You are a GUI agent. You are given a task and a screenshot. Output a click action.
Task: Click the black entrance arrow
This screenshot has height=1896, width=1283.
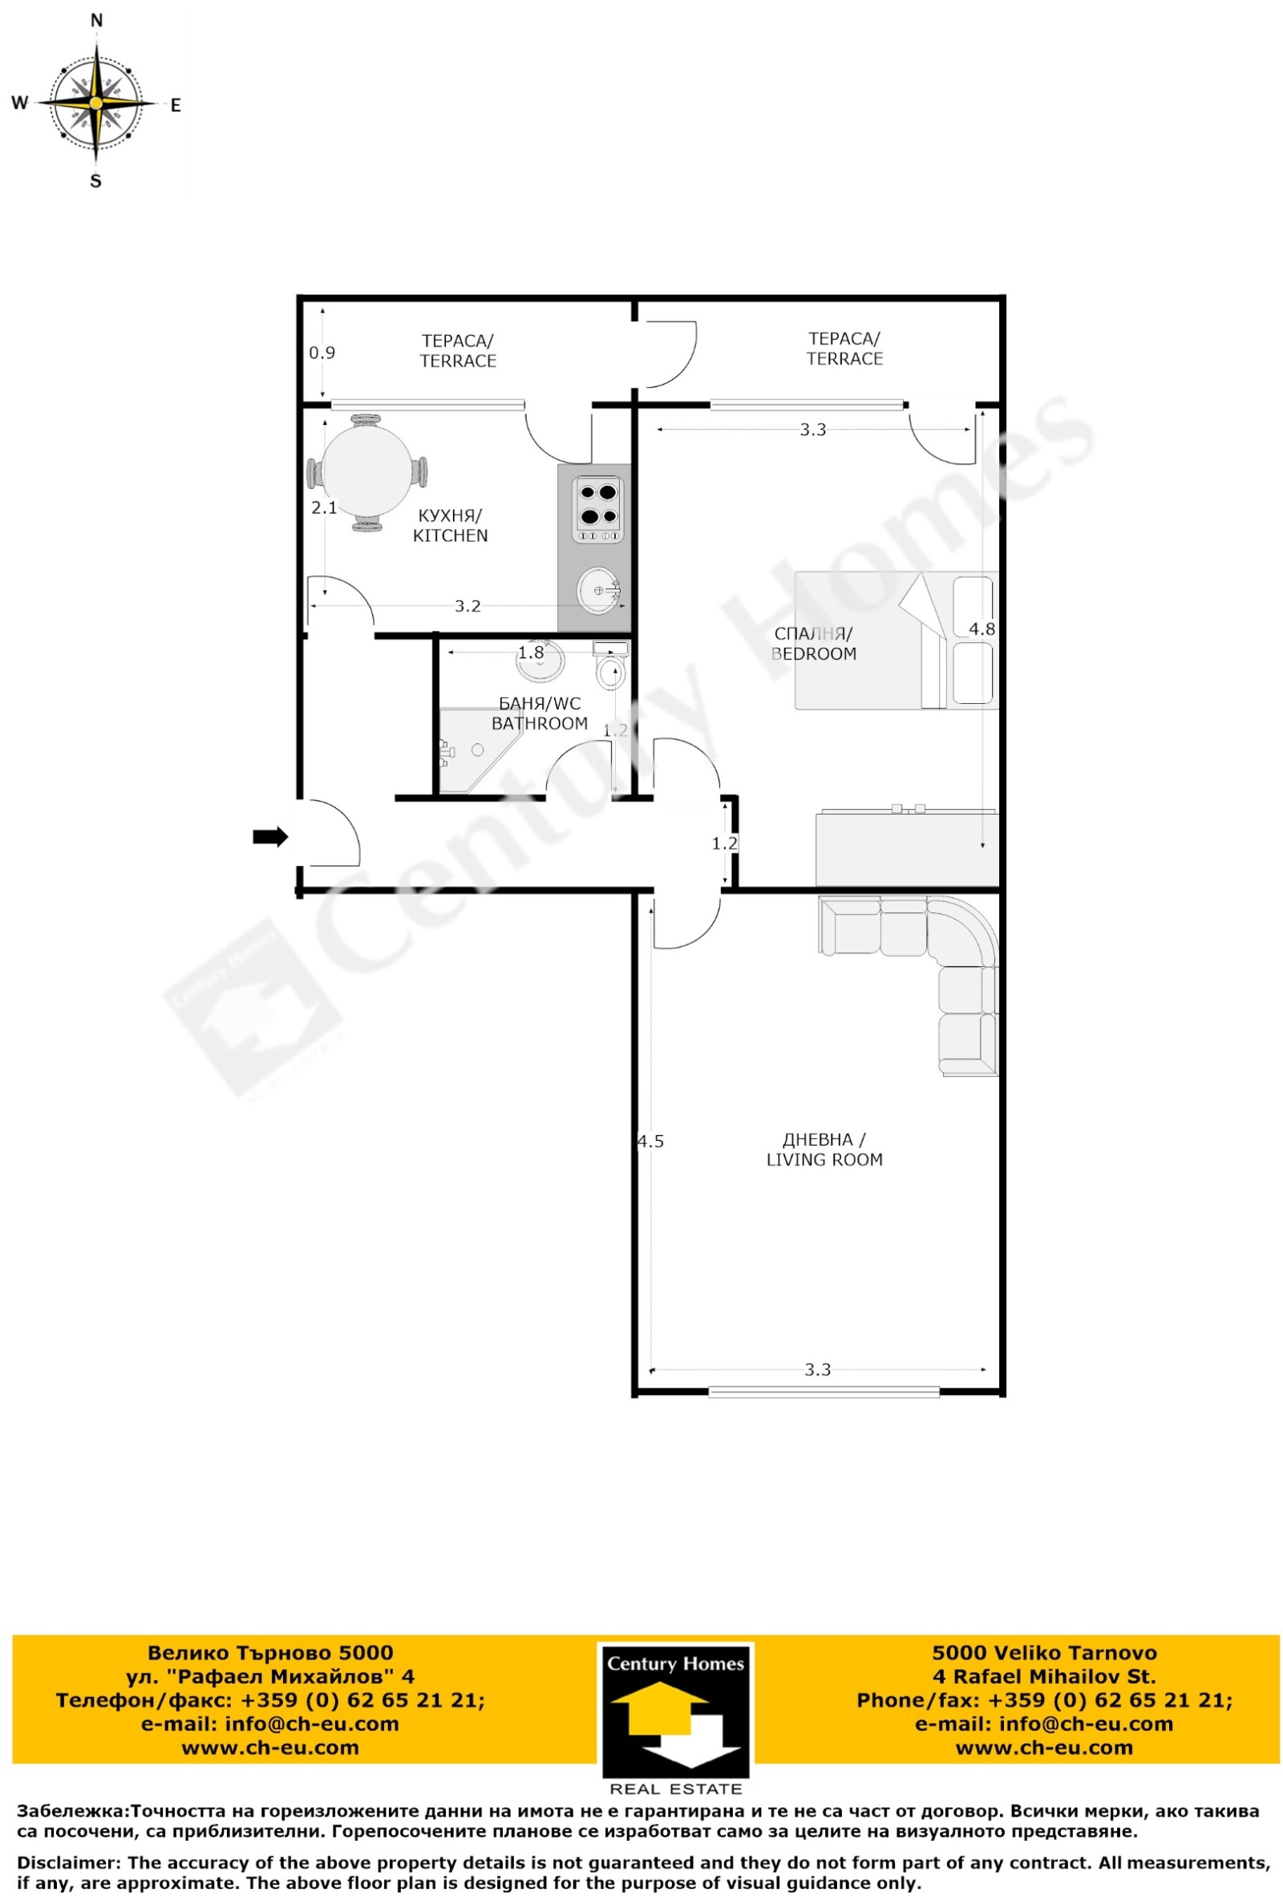[270, 836]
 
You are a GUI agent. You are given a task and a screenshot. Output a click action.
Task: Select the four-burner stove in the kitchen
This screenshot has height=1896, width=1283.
[598, 508]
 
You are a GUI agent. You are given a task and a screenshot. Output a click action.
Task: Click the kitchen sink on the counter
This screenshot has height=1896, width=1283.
[598, 590]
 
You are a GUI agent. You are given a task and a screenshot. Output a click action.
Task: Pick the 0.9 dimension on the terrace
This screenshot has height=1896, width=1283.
[322, 354]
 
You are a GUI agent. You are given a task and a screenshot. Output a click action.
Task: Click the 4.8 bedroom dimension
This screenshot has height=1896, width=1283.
[981, 629]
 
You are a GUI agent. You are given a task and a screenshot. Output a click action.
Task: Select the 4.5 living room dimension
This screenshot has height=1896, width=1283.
[650, 1142]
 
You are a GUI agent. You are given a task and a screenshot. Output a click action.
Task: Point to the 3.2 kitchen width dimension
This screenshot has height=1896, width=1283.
[467, 606]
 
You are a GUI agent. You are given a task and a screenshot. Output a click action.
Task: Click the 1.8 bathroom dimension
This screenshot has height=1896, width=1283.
[531, 653]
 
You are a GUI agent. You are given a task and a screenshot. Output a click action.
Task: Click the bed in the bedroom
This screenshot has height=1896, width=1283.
[894, 641]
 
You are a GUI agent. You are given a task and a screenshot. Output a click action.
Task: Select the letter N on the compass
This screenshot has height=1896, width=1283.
[96, 21]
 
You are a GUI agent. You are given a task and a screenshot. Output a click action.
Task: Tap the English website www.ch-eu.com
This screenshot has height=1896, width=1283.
[1043, 1748]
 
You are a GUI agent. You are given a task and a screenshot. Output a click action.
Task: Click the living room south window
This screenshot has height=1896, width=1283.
[823, 1393]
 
